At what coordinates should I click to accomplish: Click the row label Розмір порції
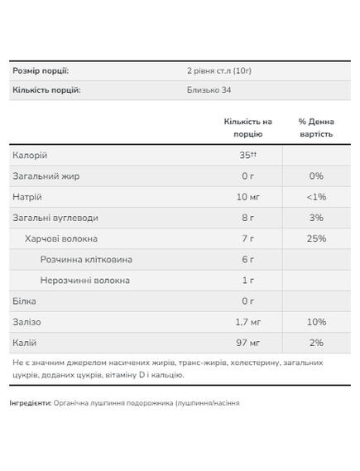pos(41,70)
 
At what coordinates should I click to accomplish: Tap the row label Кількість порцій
pos(46,90)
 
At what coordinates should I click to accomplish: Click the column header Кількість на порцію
pos(247,127)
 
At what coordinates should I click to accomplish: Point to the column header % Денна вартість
pos(315,127)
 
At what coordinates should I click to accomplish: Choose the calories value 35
pos(245,156)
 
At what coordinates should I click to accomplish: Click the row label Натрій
pos(27,197)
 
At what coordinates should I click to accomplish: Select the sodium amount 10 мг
pos(247,197)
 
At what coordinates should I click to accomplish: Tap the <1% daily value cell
pos(315,197)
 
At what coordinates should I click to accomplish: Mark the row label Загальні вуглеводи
pos(55,218)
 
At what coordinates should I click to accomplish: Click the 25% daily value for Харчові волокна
pos(315,238)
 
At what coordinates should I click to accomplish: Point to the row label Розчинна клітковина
pos(86,259)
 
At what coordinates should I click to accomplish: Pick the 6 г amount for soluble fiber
pos(247,259)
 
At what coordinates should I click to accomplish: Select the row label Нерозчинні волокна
pos(85,280)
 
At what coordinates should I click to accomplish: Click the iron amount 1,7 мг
pos(247,321)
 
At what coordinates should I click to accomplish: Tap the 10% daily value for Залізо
pos(315,321)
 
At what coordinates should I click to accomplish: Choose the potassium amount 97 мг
pos(247,342)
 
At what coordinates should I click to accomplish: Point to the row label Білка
pos(25,300)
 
